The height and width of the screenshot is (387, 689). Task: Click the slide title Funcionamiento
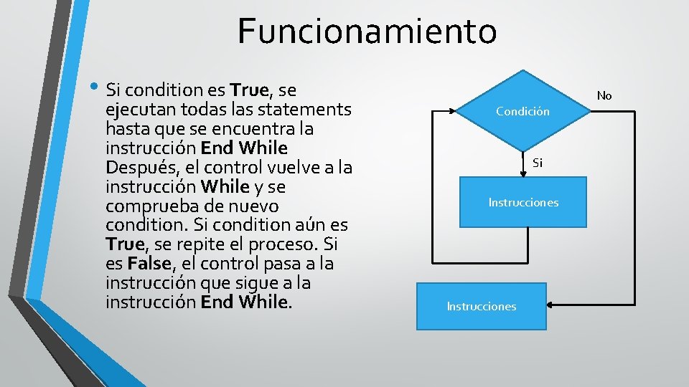367,31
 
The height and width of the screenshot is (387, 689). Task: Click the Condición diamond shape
523,111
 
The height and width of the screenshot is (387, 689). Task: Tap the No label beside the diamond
604,95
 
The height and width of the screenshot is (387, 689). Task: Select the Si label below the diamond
538,163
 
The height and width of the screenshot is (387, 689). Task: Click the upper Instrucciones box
523,202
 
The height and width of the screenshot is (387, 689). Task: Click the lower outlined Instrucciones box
482,306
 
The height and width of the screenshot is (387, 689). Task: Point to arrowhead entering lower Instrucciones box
550,305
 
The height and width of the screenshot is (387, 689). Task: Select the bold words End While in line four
244,148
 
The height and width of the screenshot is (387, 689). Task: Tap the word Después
141,168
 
